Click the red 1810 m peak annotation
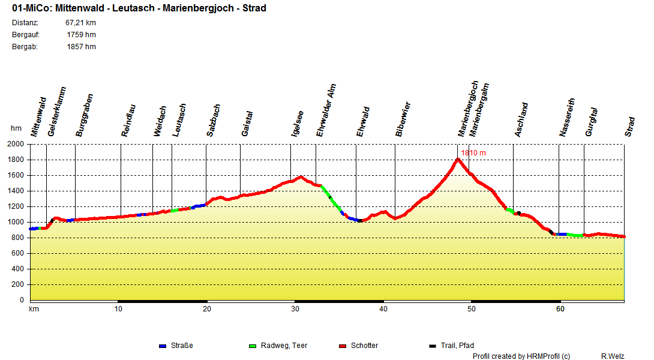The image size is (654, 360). point(473,153)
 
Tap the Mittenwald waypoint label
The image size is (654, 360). point(38,117)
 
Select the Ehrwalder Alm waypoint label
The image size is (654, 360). point(326,111)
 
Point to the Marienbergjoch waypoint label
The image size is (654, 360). point(468,108)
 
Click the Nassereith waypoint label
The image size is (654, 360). point(567,118)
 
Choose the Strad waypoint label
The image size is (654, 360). point(629,127)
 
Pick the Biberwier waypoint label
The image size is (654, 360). point(403,119)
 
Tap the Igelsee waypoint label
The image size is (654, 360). point(296,124)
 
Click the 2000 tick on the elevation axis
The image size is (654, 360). point(16,144)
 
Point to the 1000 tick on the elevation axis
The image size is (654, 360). point(16,222)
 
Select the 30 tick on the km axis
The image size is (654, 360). point(295,309)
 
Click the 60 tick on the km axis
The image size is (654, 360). point(560,309)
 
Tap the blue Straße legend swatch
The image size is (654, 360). point(162,346)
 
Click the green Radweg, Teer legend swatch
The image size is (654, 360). point(252,346)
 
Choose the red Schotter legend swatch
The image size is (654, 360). point(343,346)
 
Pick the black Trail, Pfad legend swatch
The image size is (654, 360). point(433,346)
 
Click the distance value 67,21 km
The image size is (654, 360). point(80,23)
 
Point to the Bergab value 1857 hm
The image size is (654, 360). point(81,47)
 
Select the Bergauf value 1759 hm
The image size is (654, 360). point(81,35)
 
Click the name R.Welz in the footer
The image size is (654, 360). point(612,356)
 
